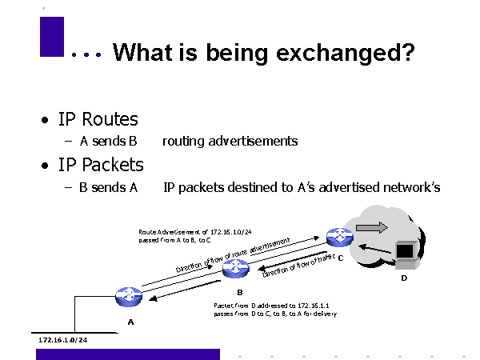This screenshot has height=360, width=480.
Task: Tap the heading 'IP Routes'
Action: (x=98, y=120)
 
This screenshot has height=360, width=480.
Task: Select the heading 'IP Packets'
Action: (x=101, y=165)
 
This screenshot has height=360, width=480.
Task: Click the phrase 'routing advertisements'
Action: (x=230, y=142)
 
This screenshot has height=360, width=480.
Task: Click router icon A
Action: (x=128, y=297)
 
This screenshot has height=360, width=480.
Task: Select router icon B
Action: (x=236, y=269)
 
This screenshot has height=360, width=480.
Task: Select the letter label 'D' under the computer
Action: (x=404, y=278)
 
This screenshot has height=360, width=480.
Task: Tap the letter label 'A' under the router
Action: (x=130, y=322)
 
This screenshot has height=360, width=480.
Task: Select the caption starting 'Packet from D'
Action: (x=274, y=310)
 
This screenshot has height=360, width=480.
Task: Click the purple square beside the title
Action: (x=51, y=37)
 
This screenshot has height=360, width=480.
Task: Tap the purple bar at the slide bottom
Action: (x=128, y=354)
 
